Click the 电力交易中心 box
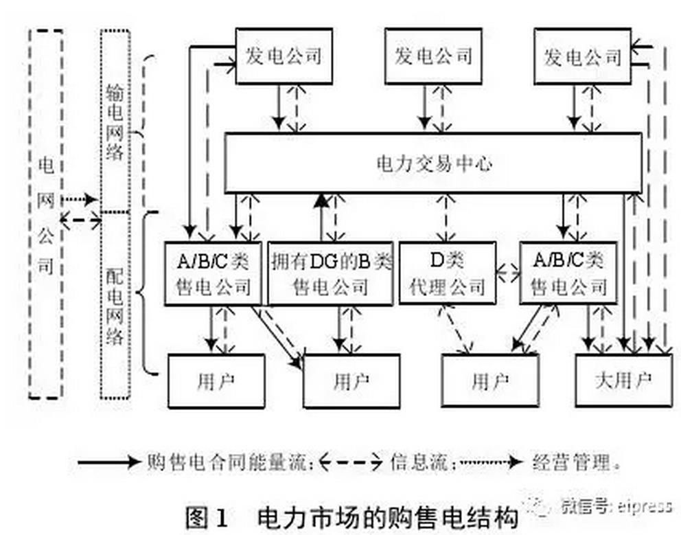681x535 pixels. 433,163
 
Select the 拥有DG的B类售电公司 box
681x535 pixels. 332,273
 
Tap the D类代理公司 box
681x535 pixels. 447,273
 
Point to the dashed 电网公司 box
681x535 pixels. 45,213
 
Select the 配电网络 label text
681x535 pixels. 115,302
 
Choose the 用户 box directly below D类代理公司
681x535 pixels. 489,380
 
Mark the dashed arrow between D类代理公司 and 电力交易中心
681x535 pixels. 446,217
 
